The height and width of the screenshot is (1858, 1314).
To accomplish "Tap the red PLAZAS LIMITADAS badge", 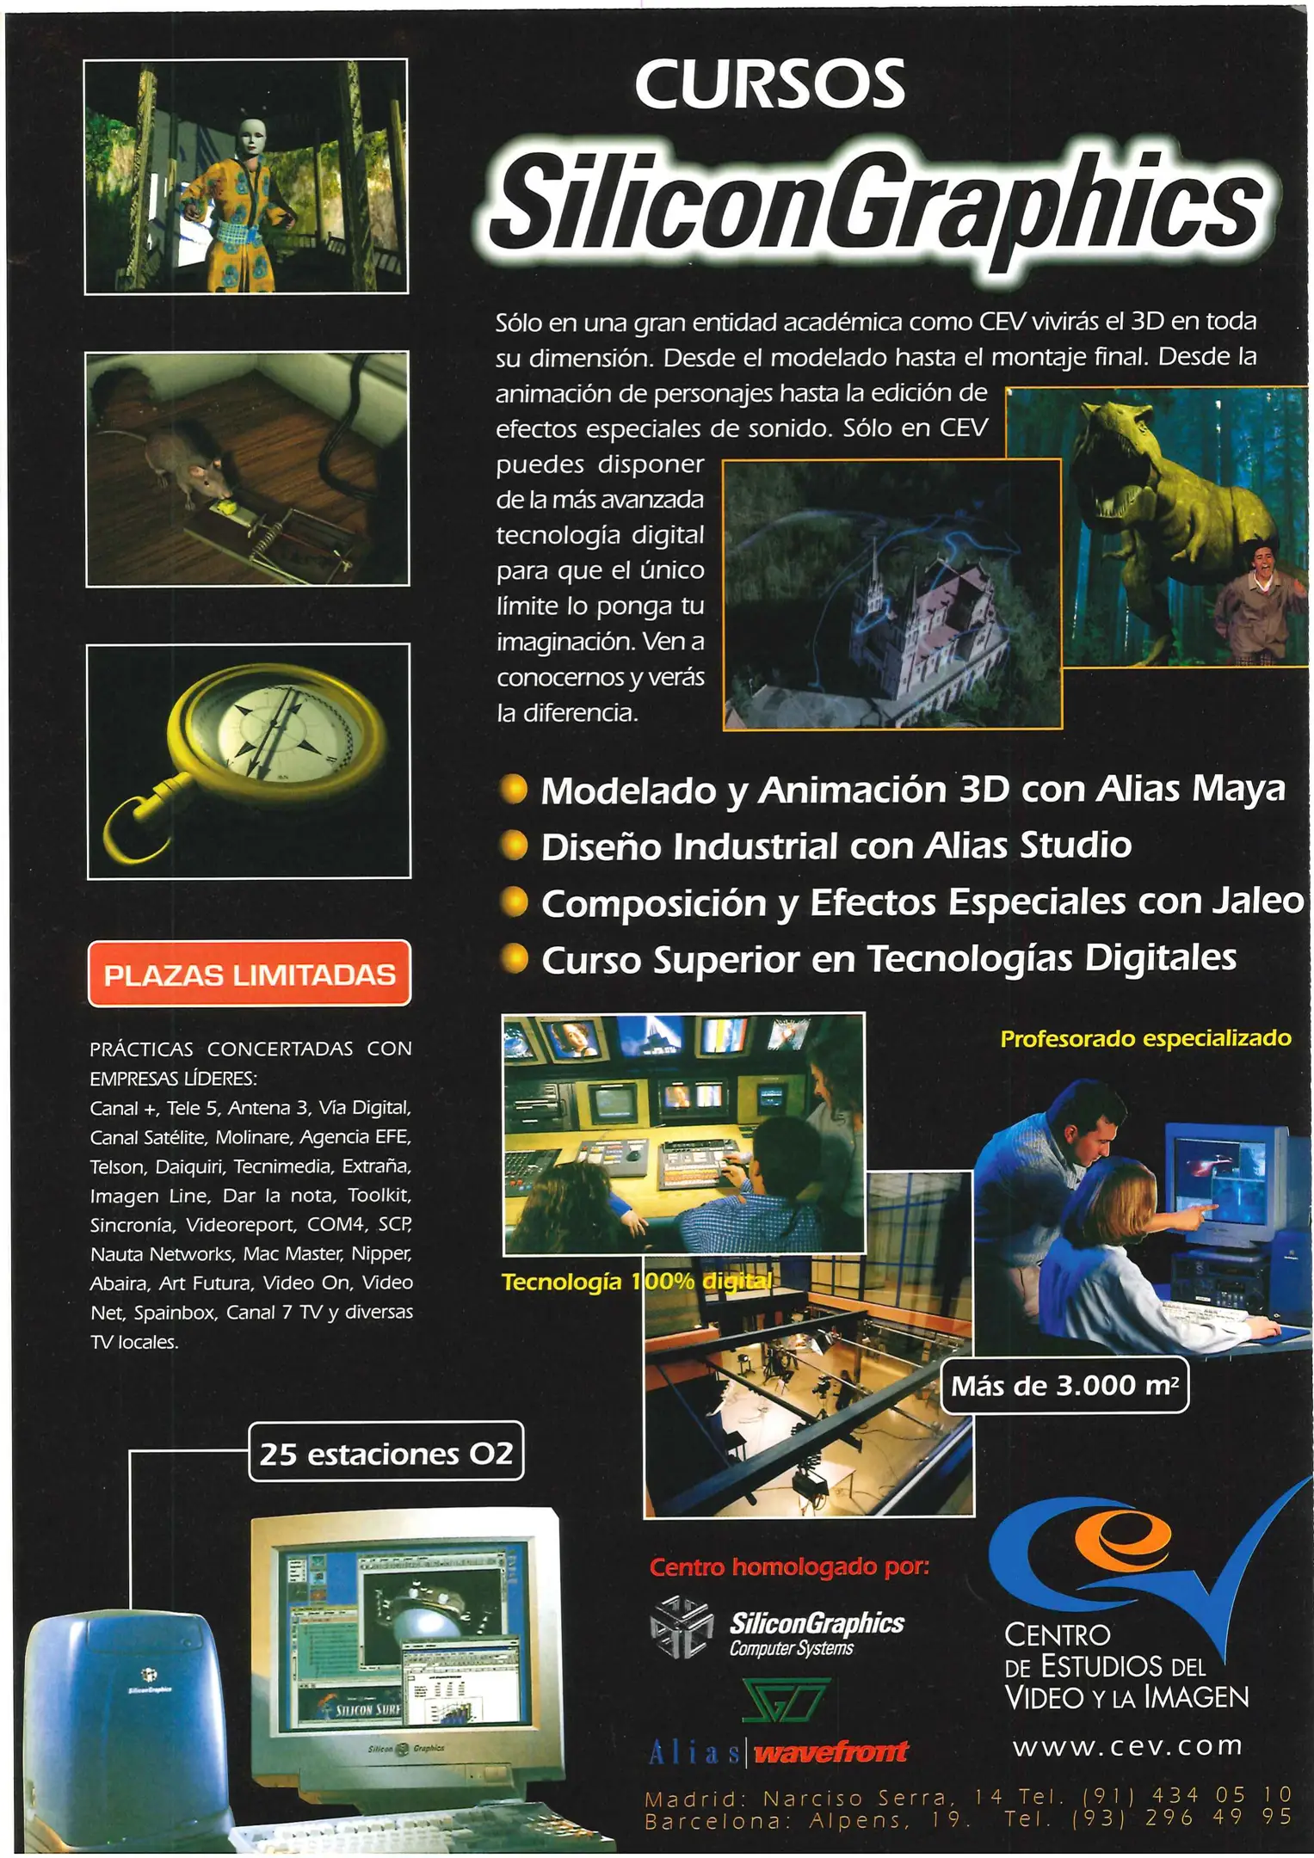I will [250, 974].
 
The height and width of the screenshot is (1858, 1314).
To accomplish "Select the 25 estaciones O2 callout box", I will [386, 1453].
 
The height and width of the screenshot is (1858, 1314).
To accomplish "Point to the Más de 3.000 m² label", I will [1064, 1386].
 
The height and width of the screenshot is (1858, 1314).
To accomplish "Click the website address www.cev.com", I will [1127, 1745].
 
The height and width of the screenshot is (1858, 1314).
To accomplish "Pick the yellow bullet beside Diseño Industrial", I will [514, 846].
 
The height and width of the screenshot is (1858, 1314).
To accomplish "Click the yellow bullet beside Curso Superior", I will [514, 958].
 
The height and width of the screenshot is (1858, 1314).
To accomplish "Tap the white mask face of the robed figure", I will [250, 136].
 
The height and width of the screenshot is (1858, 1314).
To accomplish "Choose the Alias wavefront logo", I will [778, 1751].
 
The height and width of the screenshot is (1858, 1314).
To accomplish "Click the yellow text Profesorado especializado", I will [1145, 1038].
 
